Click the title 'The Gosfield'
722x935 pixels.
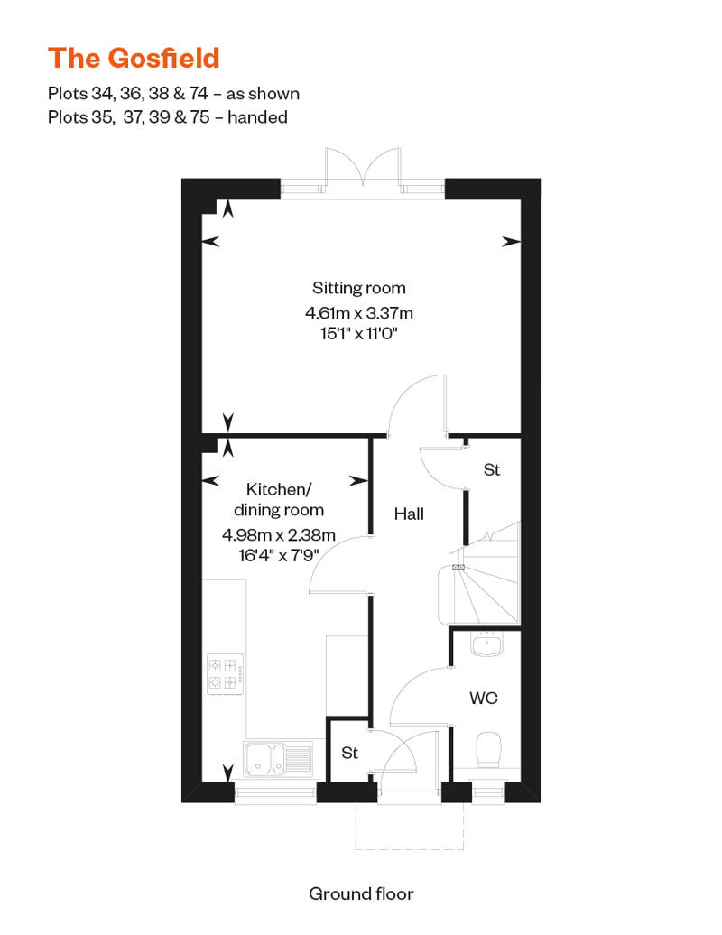coord(134,59)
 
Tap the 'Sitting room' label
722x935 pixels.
coord(359,288)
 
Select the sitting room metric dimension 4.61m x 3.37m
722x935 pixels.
coord(359,313)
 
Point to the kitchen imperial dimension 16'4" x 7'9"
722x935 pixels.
coord(279,556)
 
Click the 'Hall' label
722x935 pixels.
coord(409,514)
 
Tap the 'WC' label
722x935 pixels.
coord(484,698)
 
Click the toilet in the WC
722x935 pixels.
coord(489,750)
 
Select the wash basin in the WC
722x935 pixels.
coord(487,644)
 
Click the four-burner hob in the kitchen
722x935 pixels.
coord(225,674)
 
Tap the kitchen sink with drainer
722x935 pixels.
coord(278,758)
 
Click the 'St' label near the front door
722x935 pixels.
coord(349,753)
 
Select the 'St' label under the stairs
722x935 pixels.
coord(492,470)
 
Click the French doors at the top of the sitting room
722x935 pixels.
coord(363,168)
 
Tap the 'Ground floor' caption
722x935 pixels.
coord(361,893)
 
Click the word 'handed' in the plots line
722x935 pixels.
coord(257,117)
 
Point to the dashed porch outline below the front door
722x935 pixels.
coord(410,826)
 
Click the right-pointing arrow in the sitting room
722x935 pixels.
coord(511,242)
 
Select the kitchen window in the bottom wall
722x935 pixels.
coord(275,792)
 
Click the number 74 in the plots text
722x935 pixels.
coord(199,94)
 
